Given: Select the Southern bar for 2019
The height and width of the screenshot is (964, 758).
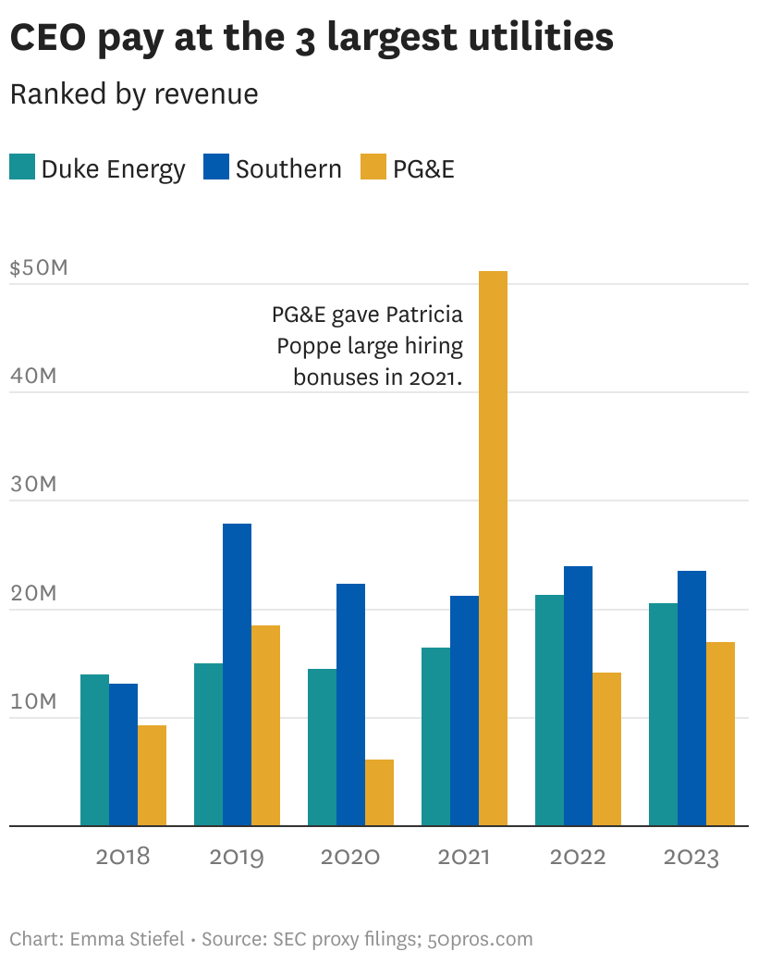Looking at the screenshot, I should tap(237, 674).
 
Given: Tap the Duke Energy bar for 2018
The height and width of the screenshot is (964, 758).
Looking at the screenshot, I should tap(94, 749).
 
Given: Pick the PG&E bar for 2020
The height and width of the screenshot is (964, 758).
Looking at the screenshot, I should tap(379, 792).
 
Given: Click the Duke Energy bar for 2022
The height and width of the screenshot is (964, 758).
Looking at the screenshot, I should tap(549, 710).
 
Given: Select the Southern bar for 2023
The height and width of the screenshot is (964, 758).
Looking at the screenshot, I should tap(691, 698).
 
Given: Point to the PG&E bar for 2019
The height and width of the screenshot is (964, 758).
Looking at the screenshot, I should tap(265, 725).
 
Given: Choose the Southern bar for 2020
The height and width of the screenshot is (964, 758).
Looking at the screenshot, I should tap(350, 704).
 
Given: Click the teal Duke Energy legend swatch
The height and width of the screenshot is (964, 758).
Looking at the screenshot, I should tap(22, 168).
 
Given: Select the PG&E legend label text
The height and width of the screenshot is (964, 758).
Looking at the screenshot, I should tap(423, 169).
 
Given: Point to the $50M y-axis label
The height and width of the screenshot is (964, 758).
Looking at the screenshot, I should tap(39, 268).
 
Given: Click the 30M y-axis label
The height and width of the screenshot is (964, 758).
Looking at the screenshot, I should tap(34, 485).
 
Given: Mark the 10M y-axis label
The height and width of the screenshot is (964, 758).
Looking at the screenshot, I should tap(34, 701).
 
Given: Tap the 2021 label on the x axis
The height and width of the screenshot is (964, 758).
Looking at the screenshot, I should tap(464, 857).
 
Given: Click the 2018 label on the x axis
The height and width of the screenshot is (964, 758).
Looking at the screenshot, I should tap(123, 857).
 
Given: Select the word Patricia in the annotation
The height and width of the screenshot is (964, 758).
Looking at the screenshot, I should tap(424, 315).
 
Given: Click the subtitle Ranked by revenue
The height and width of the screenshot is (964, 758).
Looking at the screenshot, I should tap(134, 94).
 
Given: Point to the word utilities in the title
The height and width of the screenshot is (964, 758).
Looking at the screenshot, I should tap(535, 38).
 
